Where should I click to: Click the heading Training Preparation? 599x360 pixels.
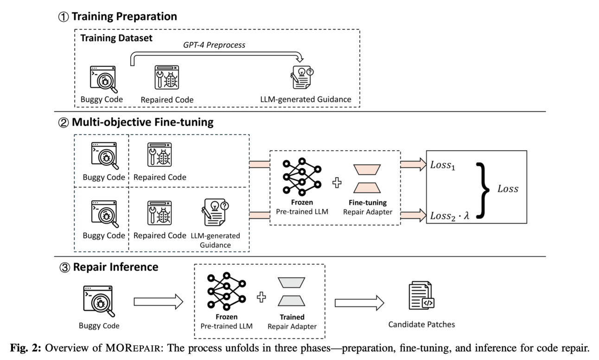point(124,16)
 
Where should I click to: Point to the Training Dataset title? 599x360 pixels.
point(116,38)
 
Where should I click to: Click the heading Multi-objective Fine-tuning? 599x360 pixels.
point(142,122)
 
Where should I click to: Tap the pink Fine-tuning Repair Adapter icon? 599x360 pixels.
point(367,178)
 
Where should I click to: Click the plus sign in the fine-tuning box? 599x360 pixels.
point(337,183)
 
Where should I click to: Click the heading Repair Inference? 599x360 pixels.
point(115,267)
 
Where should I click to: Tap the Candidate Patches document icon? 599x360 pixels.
point(421,296)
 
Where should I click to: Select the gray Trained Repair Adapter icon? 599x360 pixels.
point(292,292)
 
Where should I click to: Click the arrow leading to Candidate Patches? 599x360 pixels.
point(359,302)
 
